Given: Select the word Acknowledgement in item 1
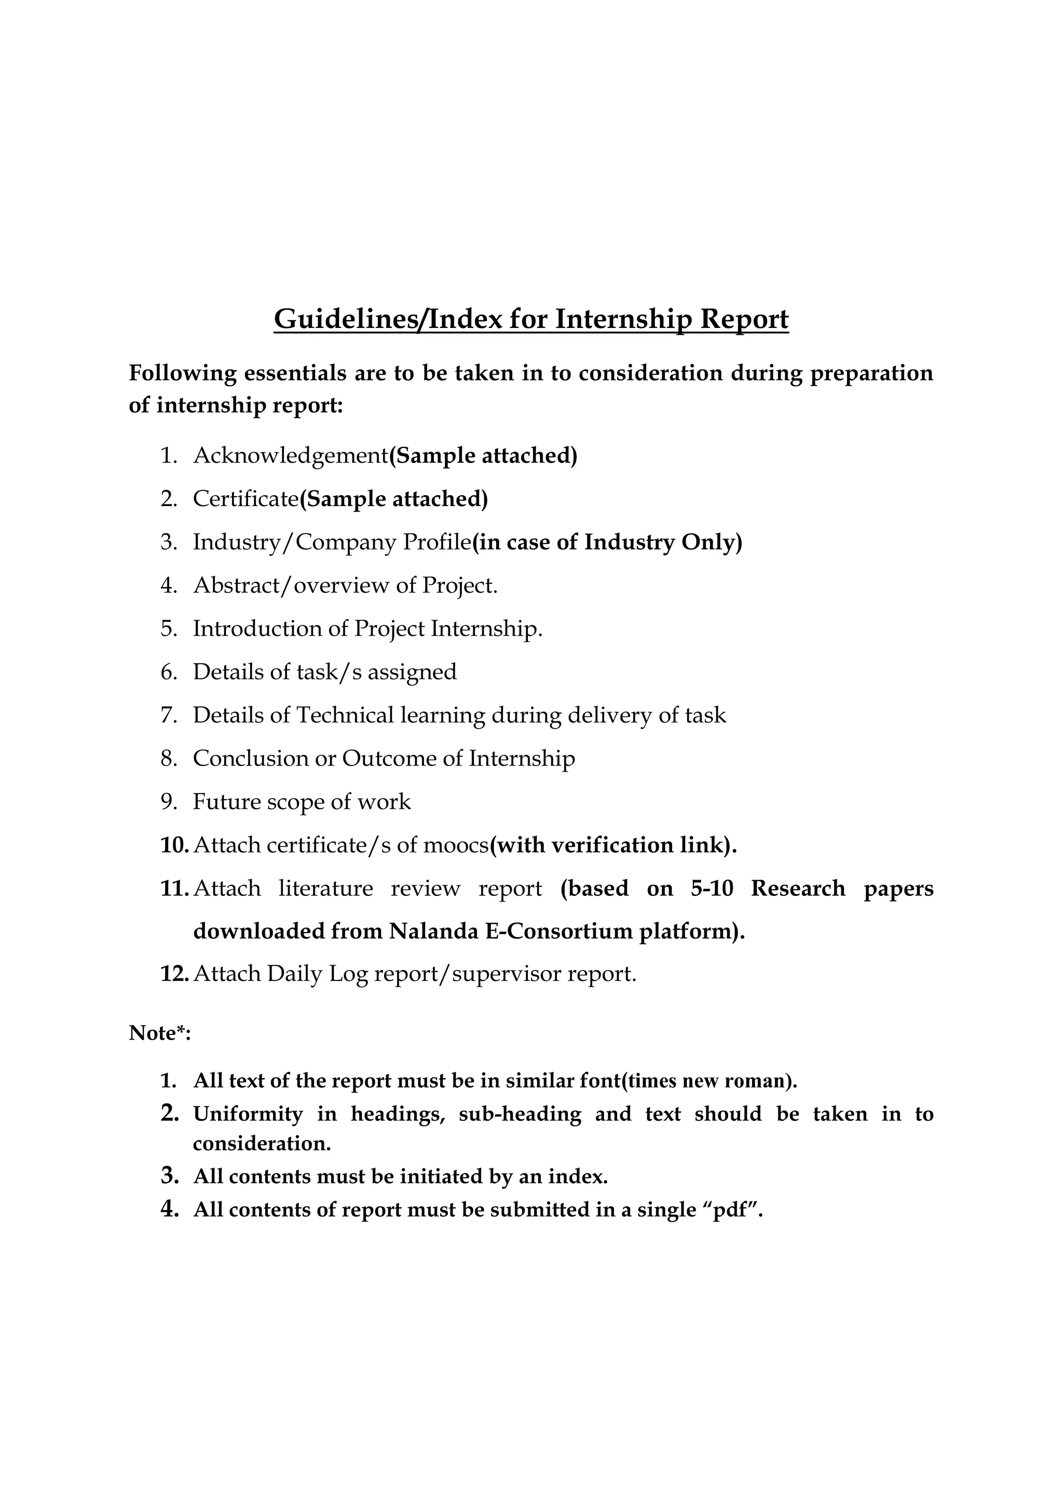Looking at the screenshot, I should [x=291, y=456].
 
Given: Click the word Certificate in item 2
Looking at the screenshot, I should [x=246, y=499].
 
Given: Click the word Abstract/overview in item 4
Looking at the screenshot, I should [x=283, y=585].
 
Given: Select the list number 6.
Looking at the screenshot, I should [x=169, y=672].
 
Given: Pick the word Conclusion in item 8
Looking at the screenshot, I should [x=250, y=758].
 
